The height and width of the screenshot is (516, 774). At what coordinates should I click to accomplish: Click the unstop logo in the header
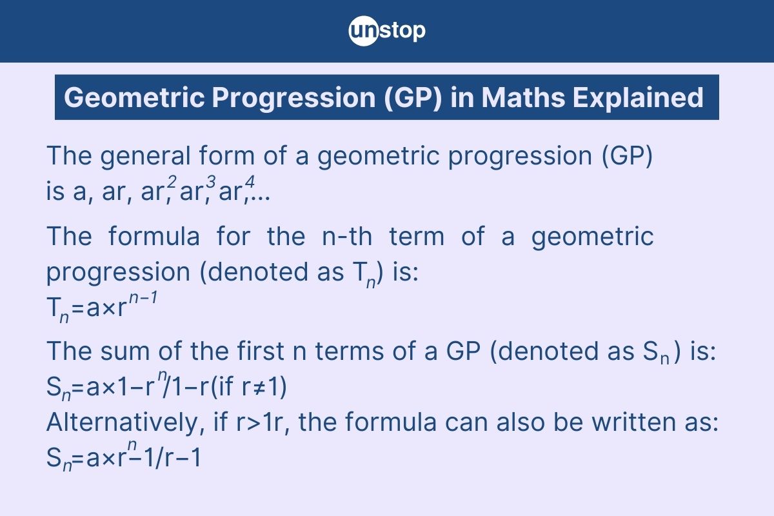[387, 31]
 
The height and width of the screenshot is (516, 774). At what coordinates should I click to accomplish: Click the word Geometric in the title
[135, 97]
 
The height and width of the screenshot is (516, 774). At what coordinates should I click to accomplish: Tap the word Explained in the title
[638, 97]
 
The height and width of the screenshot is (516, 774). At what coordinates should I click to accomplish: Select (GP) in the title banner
[413, 98]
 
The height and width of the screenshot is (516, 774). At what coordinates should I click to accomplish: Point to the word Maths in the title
[523, 97]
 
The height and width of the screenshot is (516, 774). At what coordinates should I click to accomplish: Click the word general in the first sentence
[146, 156]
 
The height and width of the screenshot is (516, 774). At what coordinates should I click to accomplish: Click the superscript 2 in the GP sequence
[172, 181]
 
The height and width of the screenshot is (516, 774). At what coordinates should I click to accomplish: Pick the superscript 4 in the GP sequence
[250, 181]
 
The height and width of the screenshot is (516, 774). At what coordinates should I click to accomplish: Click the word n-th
[347, 237]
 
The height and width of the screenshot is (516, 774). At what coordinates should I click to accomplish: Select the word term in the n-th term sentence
[417, 237]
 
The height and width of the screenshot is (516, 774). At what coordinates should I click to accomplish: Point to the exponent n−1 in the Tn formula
[143, 297]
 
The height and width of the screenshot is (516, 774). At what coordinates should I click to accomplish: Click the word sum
[125, 352]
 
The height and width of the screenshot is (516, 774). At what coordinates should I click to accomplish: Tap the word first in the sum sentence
[261, 351]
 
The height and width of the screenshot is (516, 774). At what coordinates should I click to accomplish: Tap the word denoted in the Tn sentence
[258, 272]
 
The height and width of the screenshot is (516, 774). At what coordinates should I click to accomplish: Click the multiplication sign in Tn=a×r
[109, 308]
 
